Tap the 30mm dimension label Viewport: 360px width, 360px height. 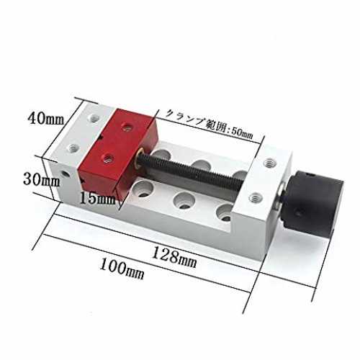[41, 179]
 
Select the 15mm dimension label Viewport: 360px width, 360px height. [97, 198]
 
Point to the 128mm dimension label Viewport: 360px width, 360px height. [174, 257]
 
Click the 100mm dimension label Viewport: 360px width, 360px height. [122, 269]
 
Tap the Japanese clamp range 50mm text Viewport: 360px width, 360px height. [210, 125]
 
